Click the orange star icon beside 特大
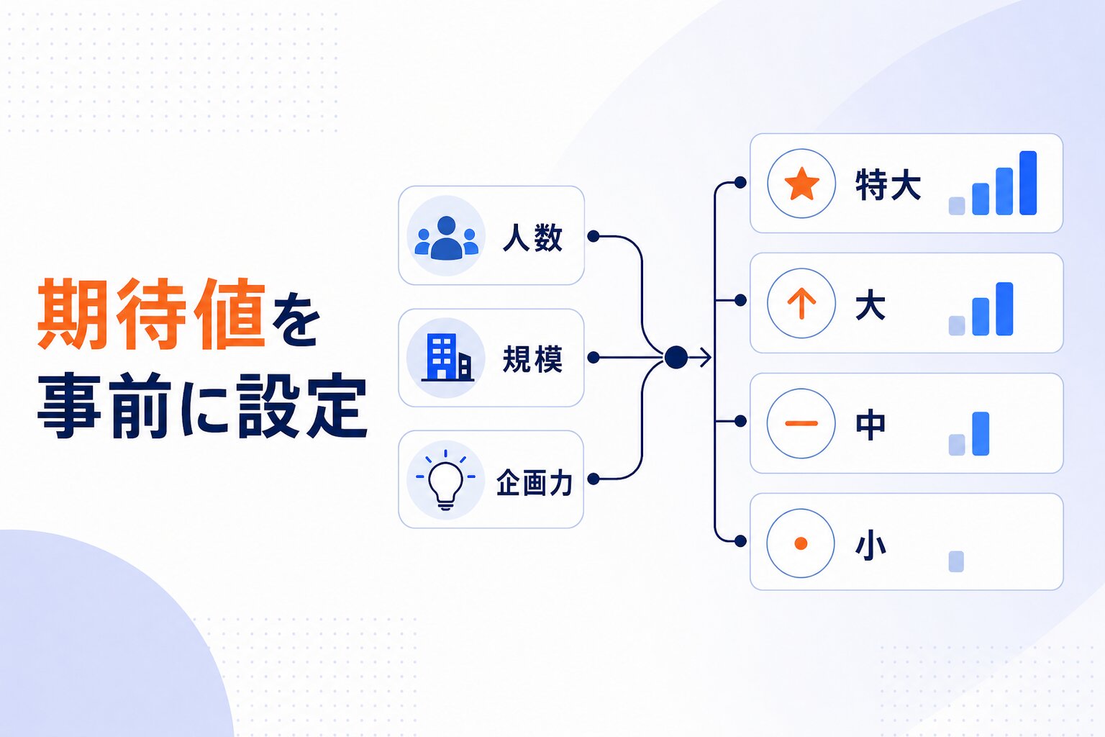point(801,184)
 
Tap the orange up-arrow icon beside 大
point(801,304)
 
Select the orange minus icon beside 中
point(801,423)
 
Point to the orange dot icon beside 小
point(801,543)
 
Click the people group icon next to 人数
point(447,238)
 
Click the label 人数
point(533,238)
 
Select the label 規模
point(533,359)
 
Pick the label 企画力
point(535,482)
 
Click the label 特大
point(888,185)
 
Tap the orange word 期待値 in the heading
point(152,314)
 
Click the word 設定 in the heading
point(302,406)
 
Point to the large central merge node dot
point(676,358)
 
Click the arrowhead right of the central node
point(706,358)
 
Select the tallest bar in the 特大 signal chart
point(1028,183)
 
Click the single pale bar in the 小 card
point(956,561)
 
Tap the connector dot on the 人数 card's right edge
point(594,237)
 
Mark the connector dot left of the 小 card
point(740,541)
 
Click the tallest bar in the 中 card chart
point(981,433)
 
